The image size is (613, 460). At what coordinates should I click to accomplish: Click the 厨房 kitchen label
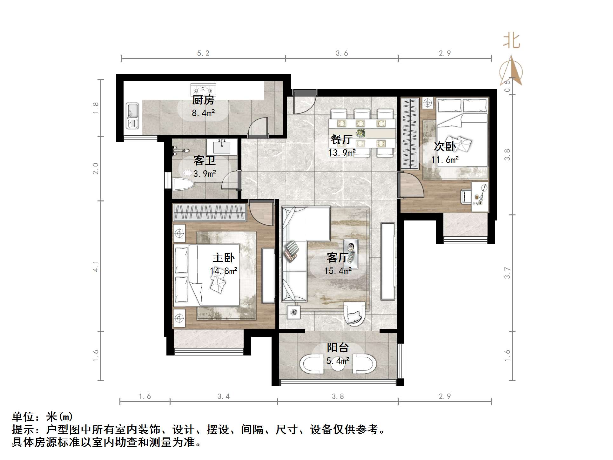coord(203,100)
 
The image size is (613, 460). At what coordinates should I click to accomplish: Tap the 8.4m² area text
coord(203,113)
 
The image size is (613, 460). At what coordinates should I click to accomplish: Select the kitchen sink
coord(132,116)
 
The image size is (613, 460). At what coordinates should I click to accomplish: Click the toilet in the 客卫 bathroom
coord(183,184)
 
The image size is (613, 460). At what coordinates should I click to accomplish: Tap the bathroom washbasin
coord(222,147)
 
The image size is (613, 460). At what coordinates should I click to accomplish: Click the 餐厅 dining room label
coord(341,139)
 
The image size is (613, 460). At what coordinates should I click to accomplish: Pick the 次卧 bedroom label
coord(445,146)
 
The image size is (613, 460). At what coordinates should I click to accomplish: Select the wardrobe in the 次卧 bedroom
coord(409,133)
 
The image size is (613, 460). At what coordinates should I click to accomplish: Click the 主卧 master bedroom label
coord(224,257)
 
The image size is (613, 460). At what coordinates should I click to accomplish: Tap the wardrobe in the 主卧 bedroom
coord(210,213)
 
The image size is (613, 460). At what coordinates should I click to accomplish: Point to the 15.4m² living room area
coord(338,271)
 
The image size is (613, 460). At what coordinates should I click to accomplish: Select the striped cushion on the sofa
coord(292,251)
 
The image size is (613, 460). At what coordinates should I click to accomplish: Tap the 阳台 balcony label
coord(338,348)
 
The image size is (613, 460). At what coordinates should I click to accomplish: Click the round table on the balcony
coord(338,365)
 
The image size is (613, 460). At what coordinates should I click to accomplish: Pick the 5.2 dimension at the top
coord(203,53)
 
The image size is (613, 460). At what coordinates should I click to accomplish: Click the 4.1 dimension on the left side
coord(96,266)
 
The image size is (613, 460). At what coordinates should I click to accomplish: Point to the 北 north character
coord(511,41)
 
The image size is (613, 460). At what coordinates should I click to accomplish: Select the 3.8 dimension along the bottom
coord(338,396)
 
